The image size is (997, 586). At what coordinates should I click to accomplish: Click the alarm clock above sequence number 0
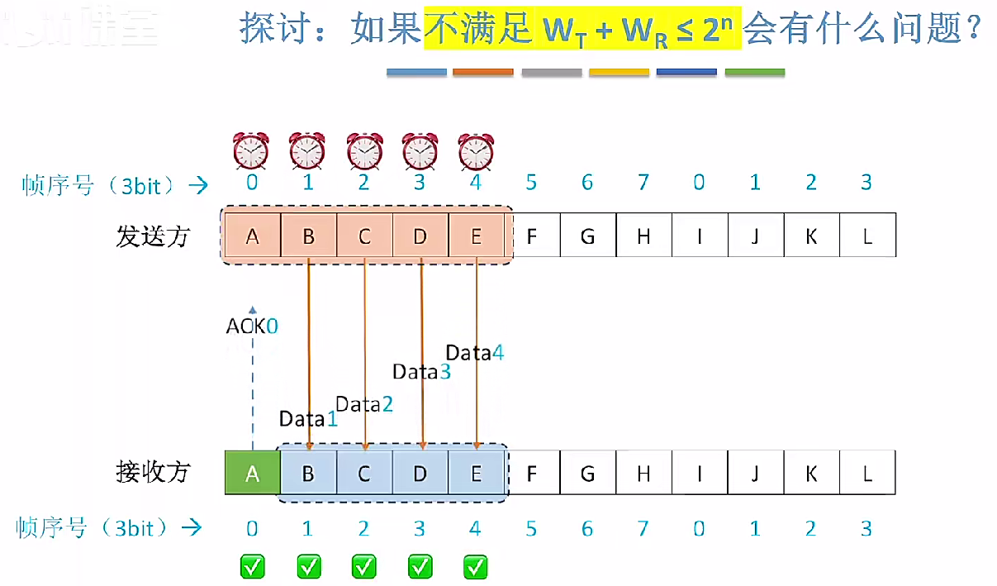pos(251,151)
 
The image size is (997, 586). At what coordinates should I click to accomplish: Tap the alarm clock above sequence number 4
pos(476,151)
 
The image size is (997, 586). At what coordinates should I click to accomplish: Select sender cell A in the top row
pos(253,236)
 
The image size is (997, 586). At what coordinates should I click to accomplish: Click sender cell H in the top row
pos(643,236)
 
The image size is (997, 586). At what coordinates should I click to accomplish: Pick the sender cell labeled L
pos(867,236)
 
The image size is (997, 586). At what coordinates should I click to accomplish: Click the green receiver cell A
pos(253,473)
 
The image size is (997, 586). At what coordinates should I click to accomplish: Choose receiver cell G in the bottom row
pos(587,473)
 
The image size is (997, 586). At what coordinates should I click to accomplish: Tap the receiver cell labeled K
pos(811,473)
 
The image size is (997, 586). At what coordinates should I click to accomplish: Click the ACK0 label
pos(252,326)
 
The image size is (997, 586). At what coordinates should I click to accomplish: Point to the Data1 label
pos(308,419)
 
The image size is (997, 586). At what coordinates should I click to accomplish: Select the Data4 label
pos(475,353)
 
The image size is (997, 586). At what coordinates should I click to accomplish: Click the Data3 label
pos(421,372)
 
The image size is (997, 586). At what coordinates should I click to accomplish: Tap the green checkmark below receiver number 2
pos(364,567)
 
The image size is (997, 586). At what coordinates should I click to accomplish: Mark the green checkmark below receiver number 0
pos(253,567)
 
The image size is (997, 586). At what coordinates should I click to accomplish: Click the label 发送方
pos(153,236)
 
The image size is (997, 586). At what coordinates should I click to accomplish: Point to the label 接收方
pos(153,472)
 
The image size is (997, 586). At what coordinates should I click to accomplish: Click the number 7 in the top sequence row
pos(643,182)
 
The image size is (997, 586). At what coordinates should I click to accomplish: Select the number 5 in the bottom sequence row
pos(531,528)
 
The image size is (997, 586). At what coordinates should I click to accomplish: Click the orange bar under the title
pos(483,73)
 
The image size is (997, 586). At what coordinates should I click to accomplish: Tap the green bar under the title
pos(754,73)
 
